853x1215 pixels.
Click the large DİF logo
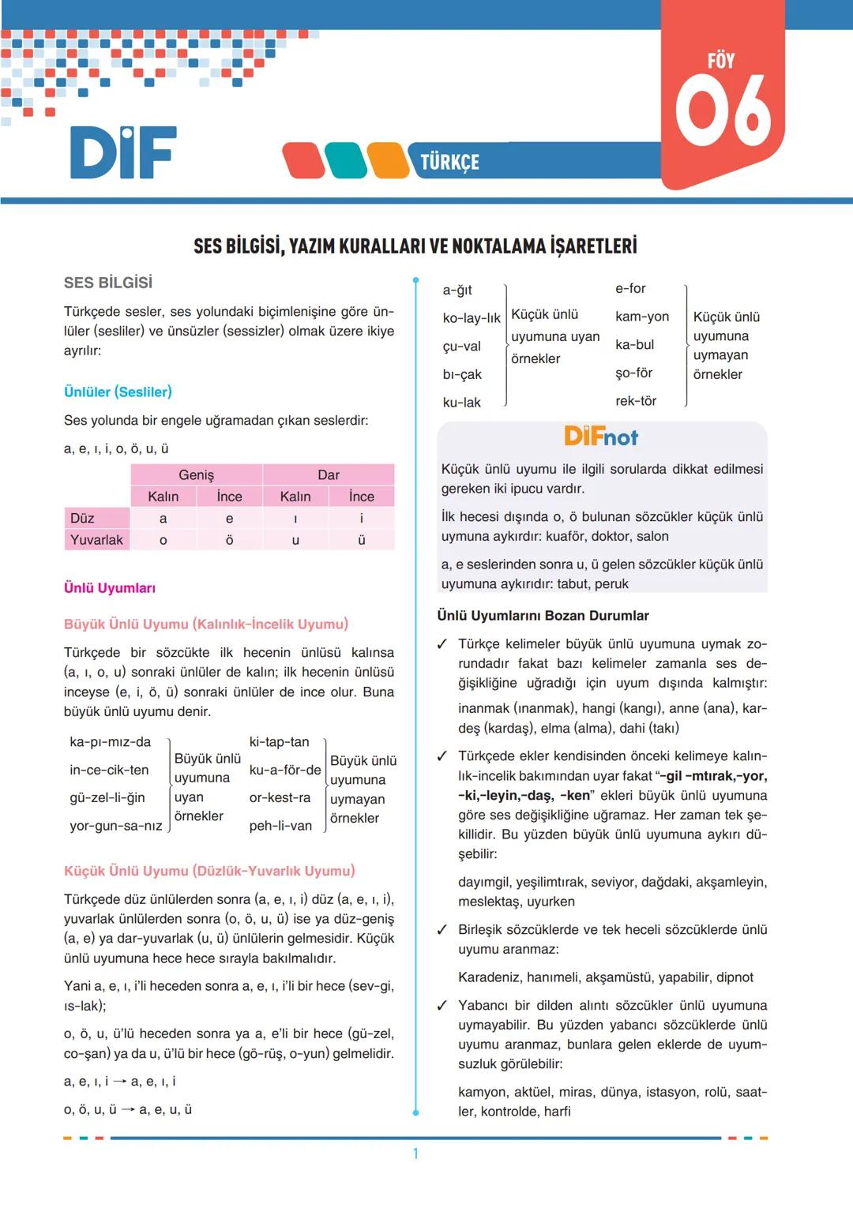click(123, 152)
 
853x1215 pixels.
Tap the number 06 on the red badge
click(722, 111)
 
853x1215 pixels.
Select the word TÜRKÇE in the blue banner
click(449, 162)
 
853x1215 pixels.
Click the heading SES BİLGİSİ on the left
click(108, 283)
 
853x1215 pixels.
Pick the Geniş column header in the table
click(196, 474)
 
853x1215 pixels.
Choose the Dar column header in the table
click(328, 474)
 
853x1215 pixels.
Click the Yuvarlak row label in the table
click(96, 540)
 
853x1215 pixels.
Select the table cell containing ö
click(229, 540)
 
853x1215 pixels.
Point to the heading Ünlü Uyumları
click(110, 588)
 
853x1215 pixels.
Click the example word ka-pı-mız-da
click(110, 742)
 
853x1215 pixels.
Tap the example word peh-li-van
click(280, 826)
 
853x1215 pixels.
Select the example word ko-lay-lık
click(471, 318)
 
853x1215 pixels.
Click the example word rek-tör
click(636, 401)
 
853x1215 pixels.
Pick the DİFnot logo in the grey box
click(601, 437)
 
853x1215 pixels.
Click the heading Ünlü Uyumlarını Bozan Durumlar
click(543, 616)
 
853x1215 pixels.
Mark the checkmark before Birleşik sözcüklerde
click(442, 930)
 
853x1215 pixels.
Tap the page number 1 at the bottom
click(415, 1153)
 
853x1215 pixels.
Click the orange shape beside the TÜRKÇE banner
click(388, 161)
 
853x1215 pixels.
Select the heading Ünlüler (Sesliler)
click(118, 392)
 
